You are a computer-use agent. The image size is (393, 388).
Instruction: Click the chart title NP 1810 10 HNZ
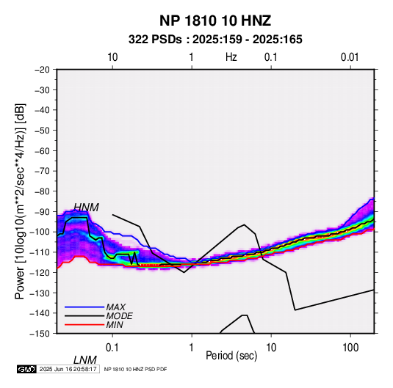tap(215, 21)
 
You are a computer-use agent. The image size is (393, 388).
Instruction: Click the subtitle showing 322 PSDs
tap(215, 40)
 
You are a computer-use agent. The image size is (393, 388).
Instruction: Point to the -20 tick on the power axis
tap(42, 70)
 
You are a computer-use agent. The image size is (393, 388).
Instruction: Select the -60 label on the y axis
tap(42, 150)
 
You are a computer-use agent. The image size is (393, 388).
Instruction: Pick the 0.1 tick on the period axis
tap(112, 348)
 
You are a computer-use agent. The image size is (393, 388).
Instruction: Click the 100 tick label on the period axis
tap(350, 348)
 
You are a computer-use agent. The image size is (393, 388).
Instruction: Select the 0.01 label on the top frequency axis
tap(350, 57)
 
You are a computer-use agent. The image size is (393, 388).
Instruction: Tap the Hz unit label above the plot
tap(231, 57)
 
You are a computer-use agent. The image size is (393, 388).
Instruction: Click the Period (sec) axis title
tap(231, 356)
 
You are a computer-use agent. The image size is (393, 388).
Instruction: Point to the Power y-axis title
tap(20, 201)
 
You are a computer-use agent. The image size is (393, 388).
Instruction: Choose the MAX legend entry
tap(115, 307)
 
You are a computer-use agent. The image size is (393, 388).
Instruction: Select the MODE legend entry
tap(119, 316)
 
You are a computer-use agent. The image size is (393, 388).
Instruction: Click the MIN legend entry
tap(115, 325)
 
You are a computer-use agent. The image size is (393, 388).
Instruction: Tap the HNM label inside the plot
tap(86, 208)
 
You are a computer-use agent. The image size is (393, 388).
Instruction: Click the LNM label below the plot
tap(84, 360)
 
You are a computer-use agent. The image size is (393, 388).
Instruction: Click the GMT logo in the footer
tap(26, 369)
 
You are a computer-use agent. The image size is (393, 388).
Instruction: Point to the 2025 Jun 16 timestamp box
tap(68, 369)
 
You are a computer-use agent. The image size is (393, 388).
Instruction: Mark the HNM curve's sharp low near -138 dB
tap(295, 310)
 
